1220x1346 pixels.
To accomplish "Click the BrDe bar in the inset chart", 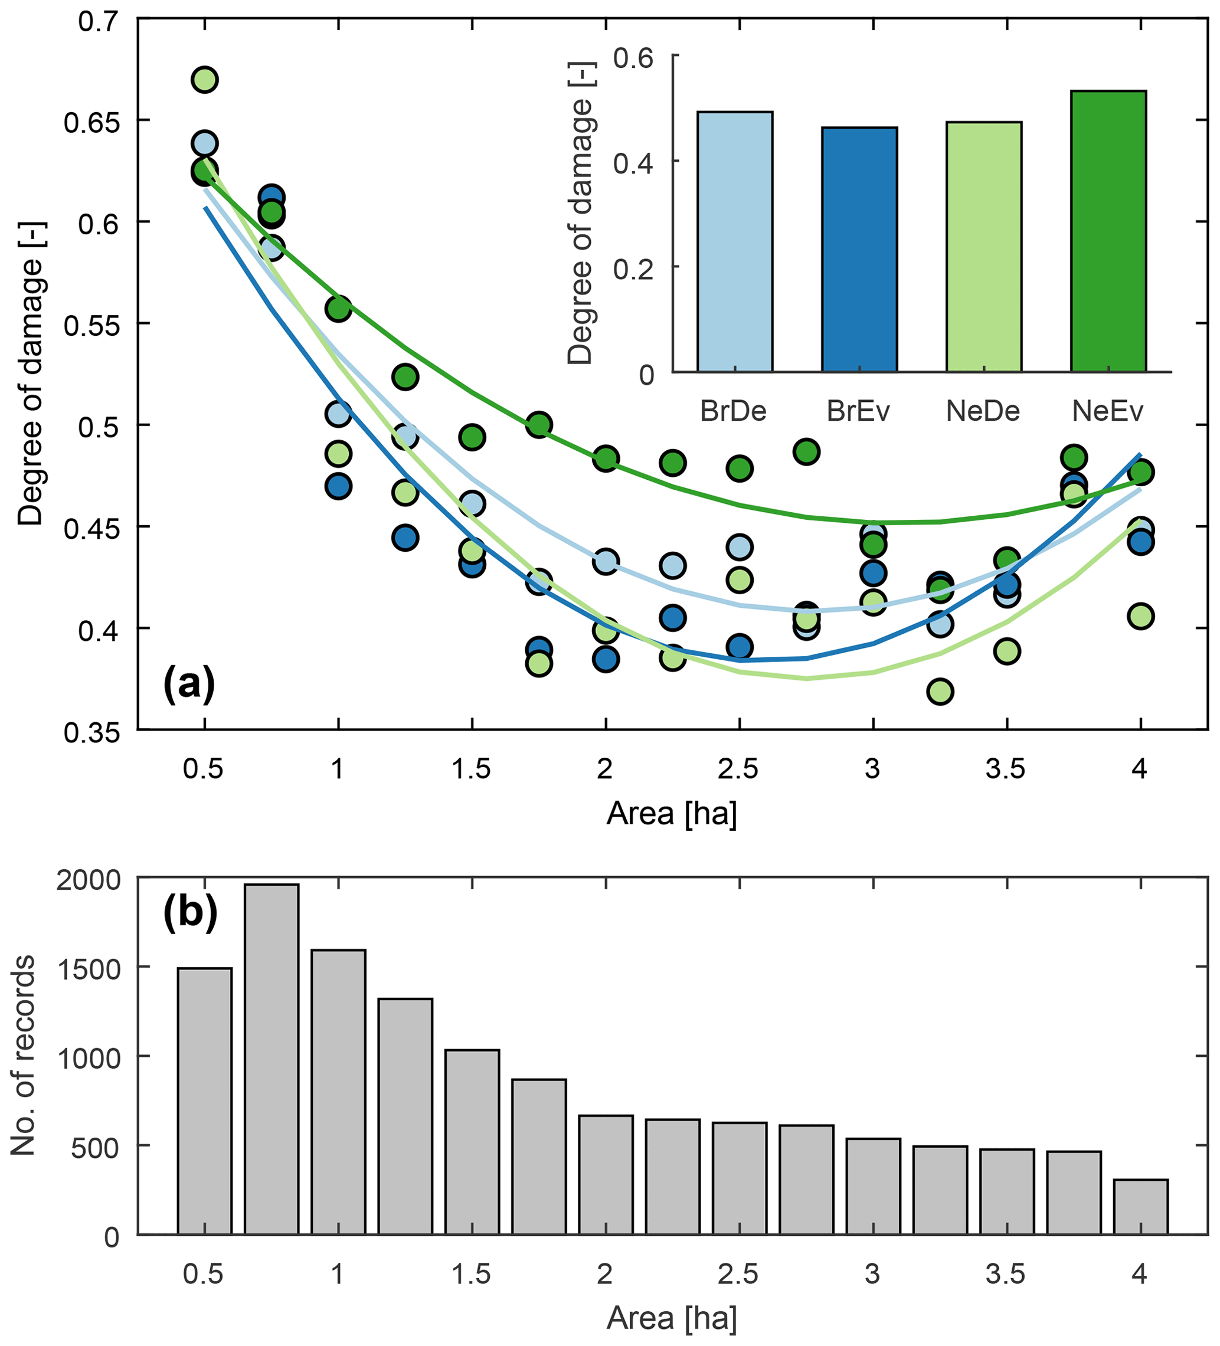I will click(734, 241).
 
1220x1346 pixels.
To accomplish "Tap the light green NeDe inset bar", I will click(983, 247).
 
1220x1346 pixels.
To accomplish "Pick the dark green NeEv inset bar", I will click(1108, 231).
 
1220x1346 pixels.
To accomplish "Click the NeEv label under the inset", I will click(1107, 411).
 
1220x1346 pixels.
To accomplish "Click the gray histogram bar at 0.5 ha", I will click(204, 1101).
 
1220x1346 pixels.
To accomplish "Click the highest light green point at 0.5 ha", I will click(204, 80).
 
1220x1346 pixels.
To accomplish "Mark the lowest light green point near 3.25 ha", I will click(940, 691).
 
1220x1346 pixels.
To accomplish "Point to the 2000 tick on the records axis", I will click(88, 880).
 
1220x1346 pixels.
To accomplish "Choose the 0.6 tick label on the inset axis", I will click(633, 57).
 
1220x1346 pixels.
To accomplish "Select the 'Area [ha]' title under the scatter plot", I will click(672, 814).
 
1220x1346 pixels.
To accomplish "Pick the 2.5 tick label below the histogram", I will click(738, 1275).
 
